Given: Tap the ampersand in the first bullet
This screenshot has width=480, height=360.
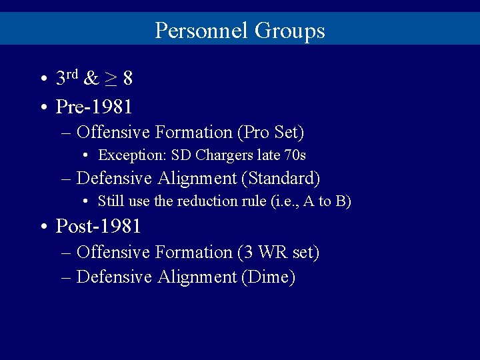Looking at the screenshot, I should pos(91,79).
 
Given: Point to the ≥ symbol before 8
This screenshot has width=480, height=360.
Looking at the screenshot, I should pos(111,79).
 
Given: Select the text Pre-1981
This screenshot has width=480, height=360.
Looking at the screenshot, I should pos(94,106).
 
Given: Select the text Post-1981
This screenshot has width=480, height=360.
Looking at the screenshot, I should pos(98,226).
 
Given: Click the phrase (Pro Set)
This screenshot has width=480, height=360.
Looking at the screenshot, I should pos(271,133).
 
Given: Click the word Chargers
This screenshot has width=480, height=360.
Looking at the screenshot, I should pos(221,155).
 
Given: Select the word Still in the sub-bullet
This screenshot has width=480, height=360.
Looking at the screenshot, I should pos(111,201).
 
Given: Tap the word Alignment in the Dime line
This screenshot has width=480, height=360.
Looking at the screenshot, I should pos(197,277).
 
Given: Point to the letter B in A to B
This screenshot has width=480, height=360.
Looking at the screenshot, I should pos(339,201).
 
